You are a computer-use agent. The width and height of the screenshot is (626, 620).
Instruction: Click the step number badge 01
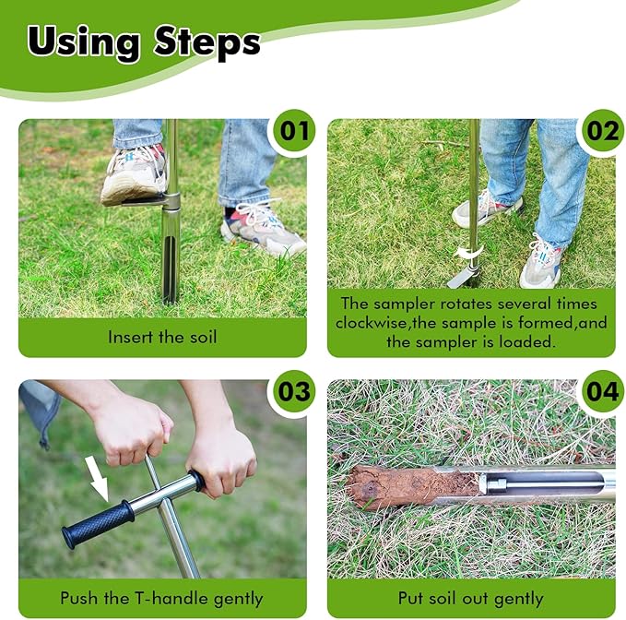[x=295, y=131]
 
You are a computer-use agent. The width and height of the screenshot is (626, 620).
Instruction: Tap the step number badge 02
[x=603, y=131]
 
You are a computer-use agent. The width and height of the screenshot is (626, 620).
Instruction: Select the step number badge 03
[x=294, y=391]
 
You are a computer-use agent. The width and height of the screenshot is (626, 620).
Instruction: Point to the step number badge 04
[x=603, y=391]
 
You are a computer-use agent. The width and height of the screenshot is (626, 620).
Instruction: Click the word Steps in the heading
[x=207, y=42]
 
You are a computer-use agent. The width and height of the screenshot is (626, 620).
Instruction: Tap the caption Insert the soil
[x=162, y=337]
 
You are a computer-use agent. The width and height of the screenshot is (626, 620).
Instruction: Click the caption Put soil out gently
[x=471, y=599]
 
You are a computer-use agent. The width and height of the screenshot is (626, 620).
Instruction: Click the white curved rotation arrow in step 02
[x=468, y=254]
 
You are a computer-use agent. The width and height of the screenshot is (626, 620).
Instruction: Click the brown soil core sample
[x=413, y=486]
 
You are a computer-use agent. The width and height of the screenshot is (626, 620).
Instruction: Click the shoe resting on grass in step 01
[x=263, y=229]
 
